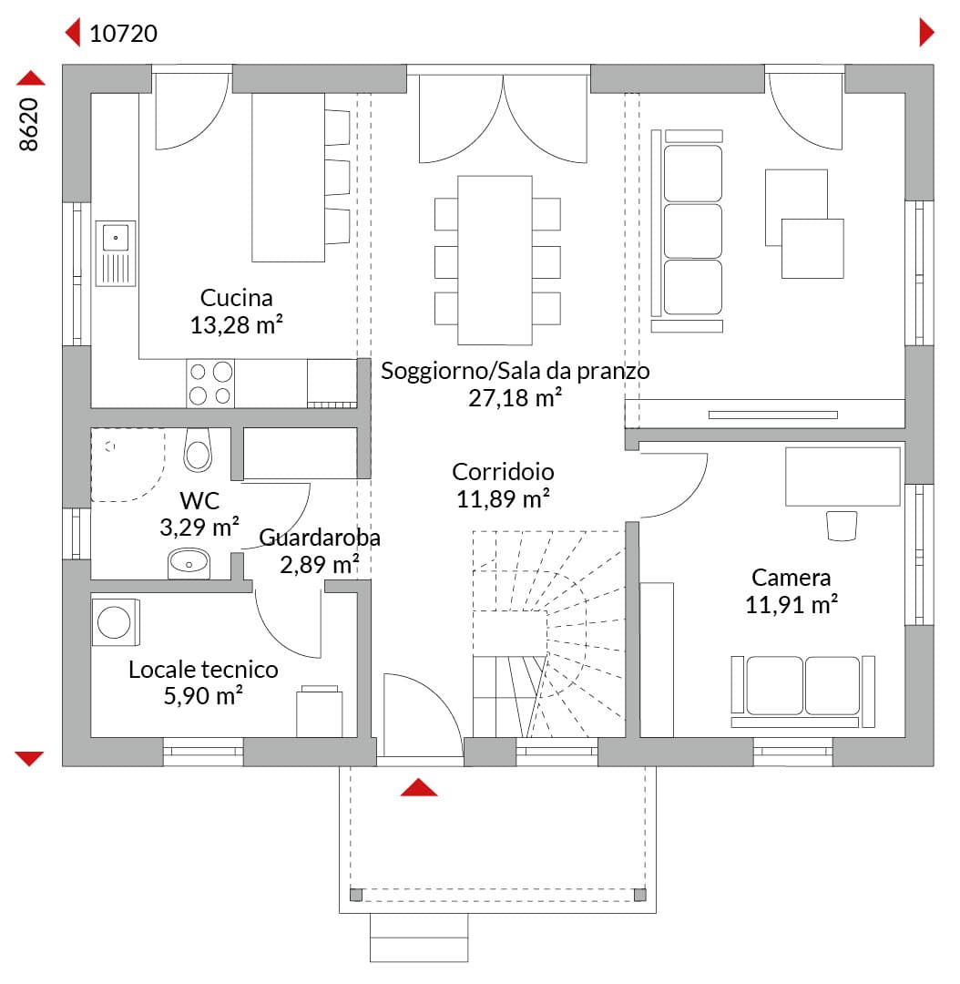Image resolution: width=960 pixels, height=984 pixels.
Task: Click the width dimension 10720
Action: coord(123,34)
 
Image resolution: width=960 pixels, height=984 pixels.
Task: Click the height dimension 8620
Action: coord(29,124)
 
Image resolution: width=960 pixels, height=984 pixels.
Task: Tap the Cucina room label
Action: coord(237,297)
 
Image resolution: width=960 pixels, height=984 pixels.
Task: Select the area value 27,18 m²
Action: coord(515,398)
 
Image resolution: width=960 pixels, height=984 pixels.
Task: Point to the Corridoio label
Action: coord(503,472)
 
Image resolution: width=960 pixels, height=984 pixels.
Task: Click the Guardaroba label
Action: coord(320,538)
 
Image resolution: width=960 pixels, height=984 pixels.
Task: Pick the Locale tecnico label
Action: coord(203,670)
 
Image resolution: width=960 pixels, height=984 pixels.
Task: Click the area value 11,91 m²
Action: coord(791,604)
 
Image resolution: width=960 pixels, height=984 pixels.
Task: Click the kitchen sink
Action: coord(116,253)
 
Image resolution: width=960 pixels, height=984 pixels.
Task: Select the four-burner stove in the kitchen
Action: coord(210,384)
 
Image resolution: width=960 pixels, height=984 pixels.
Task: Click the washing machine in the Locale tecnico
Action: coord(116,622)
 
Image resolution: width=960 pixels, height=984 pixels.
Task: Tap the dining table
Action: coord(495,261)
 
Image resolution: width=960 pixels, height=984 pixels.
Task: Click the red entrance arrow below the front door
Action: coord(418,787)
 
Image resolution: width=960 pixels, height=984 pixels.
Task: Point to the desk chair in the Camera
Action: coord(842,526)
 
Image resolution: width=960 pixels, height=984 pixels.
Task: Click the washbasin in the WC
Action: coord(189,564)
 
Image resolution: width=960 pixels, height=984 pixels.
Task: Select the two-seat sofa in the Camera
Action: coord(802,692)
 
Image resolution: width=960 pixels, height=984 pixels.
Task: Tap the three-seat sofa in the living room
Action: coord(687,231)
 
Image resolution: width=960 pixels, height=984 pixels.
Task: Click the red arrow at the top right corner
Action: coord(926,32)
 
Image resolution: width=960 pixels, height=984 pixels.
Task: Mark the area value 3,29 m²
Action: coord(199,528)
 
